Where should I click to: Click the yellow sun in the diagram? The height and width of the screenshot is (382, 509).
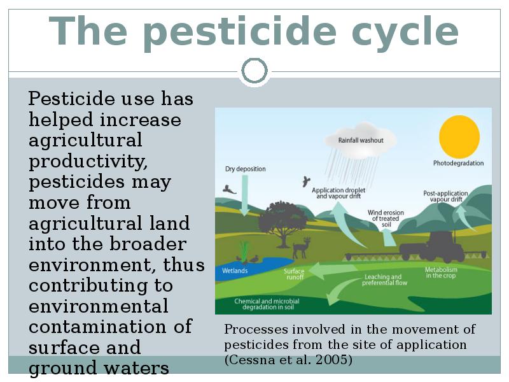click(459, 136)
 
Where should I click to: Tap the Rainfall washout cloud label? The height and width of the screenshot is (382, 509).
click(361, 140)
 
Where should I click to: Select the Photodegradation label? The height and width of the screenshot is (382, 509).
click(458, 163)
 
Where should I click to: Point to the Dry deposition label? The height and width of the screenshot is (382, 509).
click(246, 169)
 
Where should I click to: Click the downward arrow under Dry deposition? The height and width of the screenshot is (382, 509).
click(245, 195)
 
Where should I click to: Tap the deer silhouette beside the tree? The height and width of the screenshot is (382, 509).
click(301, 248)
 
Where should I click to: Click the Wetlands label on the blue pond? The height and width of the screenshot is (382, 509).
click(235, 271)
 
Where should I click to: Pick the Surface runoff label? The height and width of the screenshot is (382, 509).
click(294, 274)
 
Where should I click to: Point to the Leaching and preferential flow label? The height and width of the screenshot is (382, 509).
click(384, 279)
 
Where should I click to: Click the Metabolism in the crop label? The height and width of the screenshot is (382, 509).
click(441, 272)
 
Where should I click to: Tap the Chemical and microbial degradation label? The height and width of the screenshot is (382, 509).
click(267, 304)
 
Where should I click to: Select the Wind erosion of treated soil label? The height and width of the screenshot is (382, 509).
click(386, 218)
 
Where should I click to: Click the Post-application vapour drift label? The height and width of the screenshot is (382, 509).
click(446, 196)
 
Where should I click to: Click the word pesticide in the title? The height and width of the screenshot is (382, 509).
click(240, 31)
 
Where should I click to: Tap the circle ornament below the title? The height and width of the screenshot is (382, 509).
click(254, 59)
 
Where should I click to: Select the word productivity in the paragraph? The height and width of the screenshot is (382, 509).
click(88, 161)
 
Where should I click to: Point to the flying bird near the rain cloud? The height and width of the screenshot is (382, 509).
click(306, 181)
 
